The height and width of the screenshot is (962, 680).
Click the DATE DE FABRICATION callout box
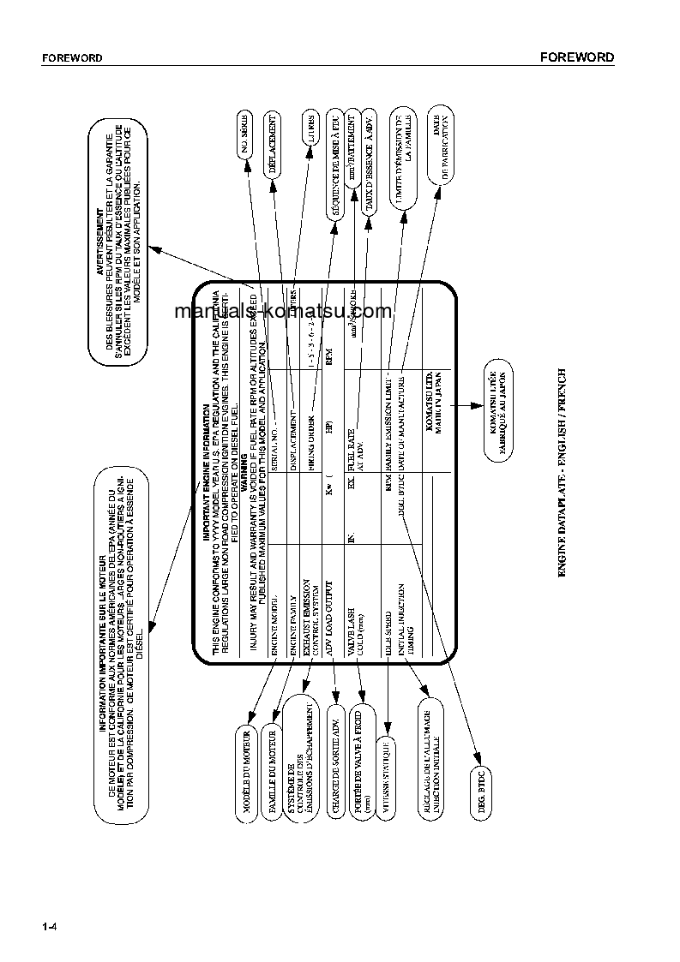point(437,141)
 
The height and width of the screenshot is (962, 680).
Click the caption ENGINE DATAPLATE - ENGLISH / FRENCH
point(563,471)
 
